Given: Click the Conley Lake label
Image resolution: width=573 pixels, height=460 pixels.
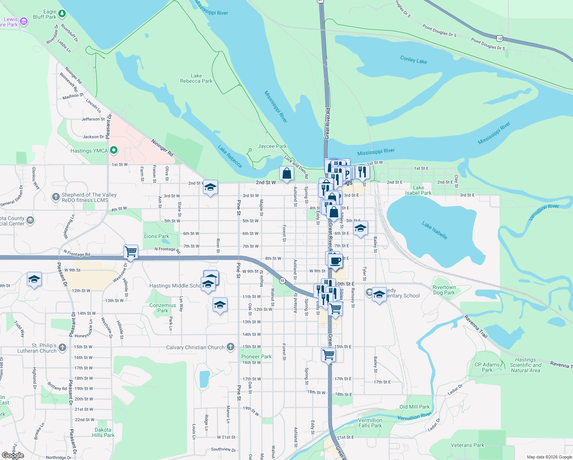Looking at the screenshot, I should [x=413, y=59].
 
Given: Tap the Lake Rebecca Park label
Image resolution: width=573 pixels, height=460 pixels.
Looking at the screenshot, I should [x=196, y=79].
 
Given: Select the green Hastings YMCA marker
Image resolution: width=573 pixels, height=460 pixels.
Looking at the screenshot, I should [x=113, y=150].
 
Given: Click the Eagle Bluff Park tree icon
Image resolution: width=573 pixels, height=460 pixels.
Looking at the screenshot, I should [x=62, y=14].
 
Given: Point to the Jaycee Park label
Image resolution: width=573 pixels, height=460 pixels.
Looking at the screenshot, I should [x=272, y=146].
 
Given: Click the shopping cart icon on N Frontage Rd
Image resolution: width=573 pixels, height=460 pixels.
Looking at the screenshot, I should [x=131, y=252].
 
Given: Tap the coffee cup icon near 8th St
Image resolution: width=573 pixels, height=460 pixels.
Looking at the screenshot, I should [x=336, y=261].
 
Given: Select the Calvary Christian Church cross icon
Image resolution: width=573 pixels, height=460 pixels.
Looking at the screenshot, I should [x=230, y=347].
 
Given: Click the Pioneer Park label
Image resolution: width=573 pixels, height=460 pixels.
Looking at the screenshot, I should [x=256, y=356].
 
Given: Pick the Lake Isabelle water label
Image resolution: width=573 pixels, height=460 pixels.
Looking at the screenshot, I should [x=434, y=230].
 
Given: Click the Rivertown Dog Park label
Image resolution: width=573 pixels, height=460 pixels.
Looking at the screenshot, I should [x=444, y=290].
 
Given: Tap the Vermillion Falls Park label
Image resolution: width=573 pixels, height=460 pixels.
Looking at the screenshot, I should [x=370, y=423].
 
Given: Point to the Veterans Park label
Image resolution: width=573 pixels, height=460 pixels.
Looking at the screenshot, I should [x=467, y=445].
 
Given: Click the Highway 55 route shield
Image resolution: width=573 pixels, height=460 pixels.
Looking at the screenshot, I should [x=282, y=281].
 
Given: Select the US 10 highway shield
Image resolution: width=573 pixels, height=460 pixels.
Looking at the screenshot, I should [x=499, y=38].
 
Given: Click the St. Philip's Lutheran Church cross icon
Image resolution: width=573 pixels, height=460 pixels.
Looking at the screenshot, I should [x=62, y=348].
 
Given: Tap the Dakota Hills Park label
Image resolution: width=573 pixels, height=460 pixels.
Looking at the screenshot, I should [x=103, y=432].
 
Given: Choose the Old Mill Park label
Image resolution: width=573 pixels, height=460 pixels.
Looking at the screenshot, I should [x=414, y=407].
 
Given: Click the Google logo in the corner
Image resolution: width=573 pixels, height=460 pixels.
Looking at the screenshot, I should [x=13, y=455].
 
